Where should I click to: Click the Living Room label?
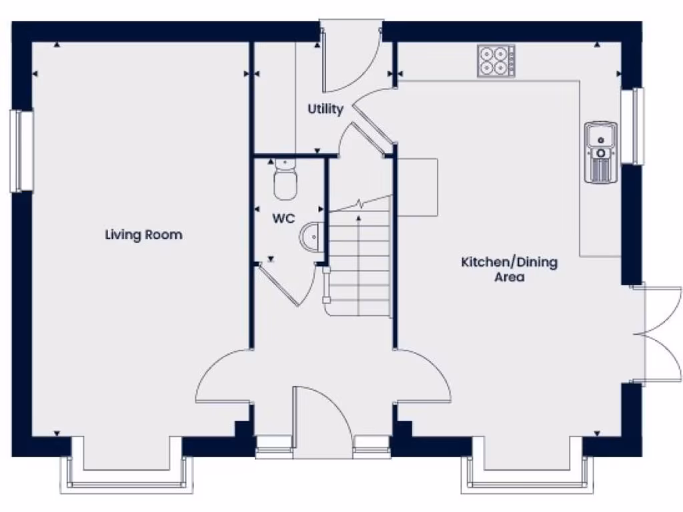[143, 235]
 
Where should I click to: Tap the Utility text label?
[325, 109]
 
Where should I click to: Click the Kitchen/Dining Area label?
[510, 269]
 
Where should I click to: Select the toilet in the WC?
[285, 179]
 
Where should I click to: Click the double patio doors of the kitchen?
[657, 335]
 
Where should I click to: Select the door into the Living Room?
[223, 377]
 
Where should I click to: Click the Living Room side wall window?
[21, 151]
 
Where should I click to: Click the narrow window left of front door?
[274, 446]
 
